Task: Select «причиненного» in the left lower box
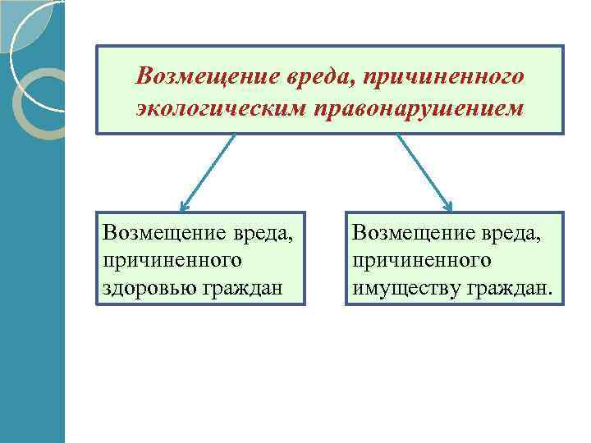(x=172, y=260)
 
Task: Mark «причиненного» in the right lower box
(x=422, y=260)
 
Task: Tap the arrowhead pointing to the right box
(x=448, y=204)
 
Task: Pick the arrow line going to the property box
(x=422, y=168)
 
